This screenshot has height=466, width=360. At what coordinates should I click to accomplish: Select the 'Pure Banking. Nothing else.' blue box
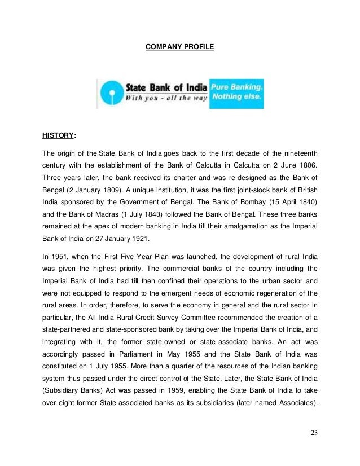pyautogui.click(x=236, y=93)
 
